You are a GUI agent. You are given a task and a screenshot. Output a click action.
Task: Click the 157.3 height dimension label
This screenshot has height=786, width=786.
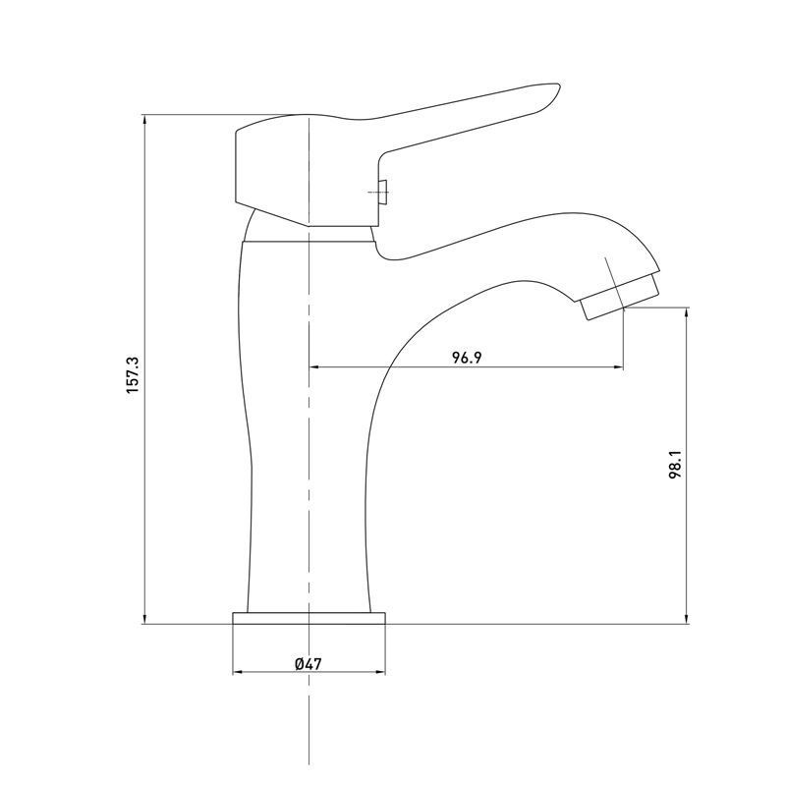point(133,375)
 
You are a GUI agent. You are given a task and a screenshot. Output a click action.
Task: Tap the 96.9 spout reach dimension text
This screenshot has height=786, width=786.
point(467,358)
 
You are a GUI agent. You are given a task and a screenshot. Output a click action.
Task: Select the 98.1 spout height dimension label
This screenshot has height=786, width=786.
point(675,464)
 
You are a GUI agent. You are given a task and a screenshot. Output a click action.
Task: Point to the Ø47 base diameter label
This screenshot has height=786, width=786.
point(309,664)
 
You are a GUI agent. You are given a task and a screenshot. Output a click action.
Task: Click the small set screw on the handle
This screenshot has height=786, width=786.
point(383,193)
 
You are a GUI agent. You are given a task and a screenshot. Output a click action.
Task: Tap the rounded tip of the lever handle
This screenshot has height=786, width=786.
point(555,89)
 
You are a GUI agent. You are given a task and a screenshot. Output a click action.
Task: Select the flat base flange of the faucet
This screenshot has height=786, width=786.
point(309,618)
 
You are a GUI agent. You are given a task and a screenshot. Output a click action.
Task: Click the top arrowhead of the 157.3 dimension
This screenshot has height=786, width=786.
point(144,119)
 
